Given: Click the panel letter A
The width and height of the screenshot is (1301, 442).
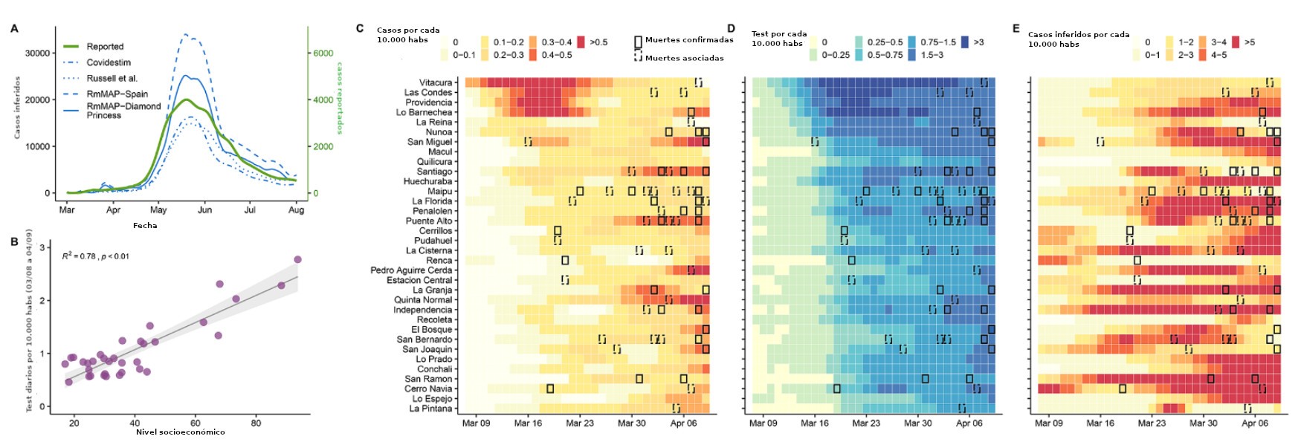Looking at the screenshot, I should click(14, 29).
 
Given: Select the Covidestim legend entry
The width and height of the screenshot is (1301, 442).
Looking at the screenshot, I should click(109, 62).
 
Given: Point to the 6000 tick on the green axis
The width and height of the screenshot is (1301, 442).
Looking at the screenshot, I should click(323, 53).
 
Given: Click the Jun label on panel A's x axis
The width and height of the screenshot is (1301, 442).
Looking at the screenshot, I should click(204, 210).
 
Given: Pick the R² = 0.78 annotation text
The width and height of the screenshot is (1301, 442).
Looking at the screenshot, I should click(95, 256).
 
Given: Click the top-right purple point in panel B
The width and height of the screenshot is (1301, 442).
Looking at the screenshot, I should click(297, 259).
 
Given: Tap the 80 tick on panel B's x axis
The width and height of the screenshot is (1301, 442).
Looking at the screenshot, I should click(256, 423).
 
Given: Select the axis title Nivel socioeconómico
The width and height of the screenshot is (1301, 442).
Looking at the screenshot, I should click(180, 432).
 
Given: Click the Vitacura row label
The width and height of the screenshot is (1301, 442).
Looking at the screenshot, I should click(435, 82).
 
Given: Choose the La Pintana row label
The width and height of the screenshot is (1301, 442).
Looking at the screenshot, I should click(430, 409).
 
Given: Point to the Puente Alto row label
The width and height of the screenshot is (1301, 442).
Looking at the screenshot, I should click(428, 221).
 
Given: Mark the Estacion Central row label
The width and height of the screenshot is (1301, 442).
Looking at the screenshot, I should click(419, 280).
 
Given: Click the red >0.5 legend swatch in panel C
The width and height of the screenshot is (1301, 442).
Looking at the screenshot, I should click(581, 42).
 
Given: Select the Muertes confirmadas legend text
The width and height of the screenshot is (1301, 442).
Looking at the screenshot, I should click(689, 40).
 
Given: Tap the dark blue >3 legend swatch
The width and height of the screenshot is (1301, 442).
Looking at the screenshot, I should click(965, 42).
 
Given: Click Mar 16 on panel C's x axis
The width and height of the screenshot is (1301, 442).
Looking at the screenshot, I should click(528, 423).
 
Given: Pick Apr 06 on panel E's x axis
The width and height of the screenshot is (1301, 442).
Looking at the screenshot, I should click(1255, 423).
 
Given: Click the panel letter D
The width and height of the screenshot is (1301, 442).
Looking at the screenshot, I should click(731, 29).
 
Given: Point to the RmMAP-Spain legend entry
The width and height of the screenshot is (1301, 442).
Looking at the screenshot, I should click(117, 94).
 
